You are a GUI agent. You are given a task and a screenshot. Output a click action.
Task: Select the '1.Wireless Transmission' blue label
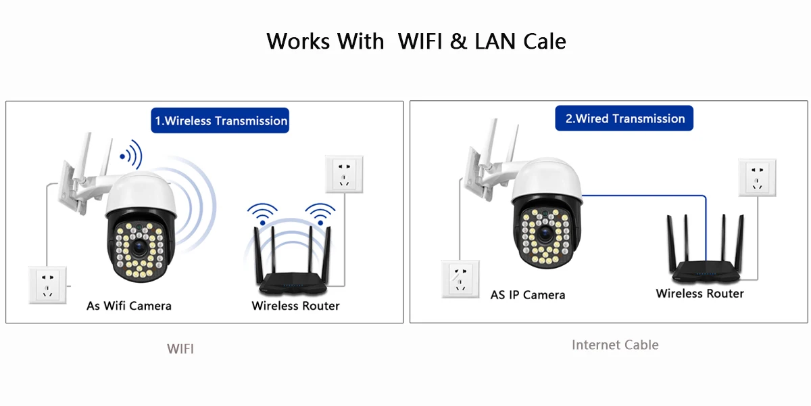pos(220,121)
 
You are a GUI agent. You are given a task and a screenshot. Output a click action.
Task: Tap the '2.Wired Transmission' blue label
pos(624,118)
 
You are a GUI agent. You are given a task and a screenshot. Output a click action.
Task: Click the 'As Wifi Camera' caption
pos(129,306)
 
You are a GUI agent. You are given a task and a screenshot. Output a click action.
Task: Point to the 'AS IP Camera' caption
pos(528,295)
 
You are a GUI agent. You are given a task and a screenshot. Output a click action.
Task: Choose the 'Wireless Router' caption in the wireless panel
pos(295,306)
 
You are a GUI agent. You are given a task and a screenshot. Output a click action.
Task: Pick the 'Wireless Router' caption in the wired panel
pos(699,294)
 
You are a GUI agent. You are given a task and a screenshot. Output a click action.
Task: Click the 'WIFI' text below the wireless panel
pos(180,349)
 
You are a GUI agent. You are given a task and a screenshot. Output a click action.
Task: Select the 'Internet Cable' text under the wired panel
pos(615,345)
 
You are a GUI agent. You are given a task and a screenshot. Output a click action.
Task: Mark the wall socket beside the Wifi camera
pos(47,284)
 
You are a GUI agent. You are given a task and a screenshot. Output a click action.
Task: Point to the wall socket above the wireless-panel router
pos(344,174)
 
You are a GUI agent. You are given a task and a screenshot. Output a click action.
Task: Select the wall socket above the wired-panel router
pos(757,177)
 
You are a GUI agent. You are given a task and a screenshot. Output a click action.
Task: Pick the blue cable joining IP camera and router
pos(642,196)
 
